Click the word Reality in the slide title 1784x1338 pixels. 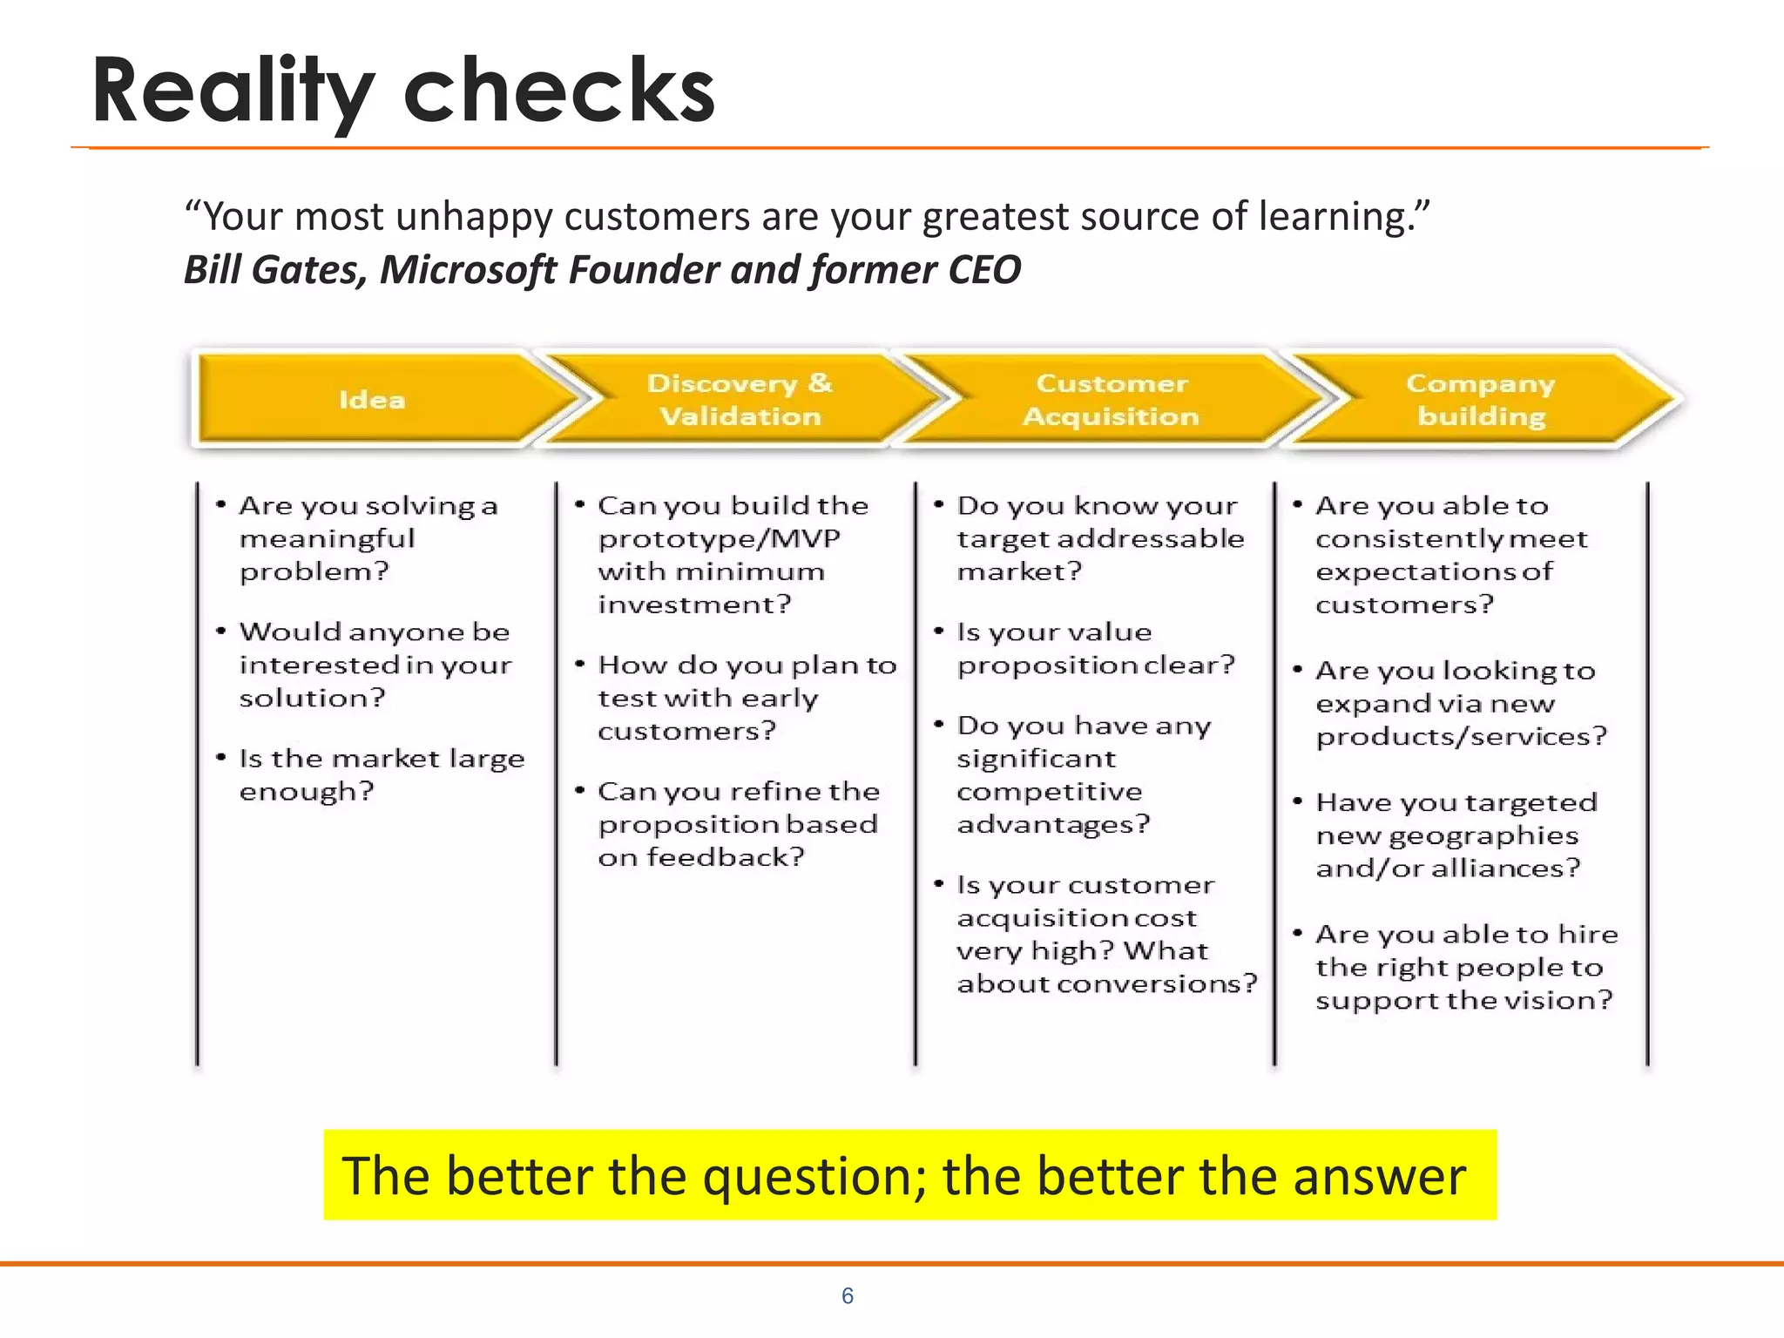[233, 91]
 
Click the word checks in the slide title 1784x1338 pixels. [559, 91]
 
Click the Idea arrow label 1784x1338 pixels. [372, 400]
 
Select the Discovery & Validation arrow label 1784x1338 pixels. [740, 400]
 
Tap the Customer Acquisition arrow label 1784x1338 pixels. [1111, 400]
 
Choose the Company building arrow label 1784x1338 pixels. [1481, 400]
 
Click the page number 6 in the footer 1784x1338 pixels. [848, 1296]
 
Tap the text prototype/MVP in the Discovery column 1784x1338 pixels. [719, 539]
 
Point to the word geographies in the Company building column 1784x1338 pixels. [1483, 836]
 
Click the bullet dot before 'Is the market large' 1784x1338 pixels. [221, 757]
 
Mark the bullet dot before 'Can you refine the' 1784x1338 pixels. [579, 790]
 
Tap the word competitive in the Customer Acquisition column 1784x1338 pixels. [1049, 792]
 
